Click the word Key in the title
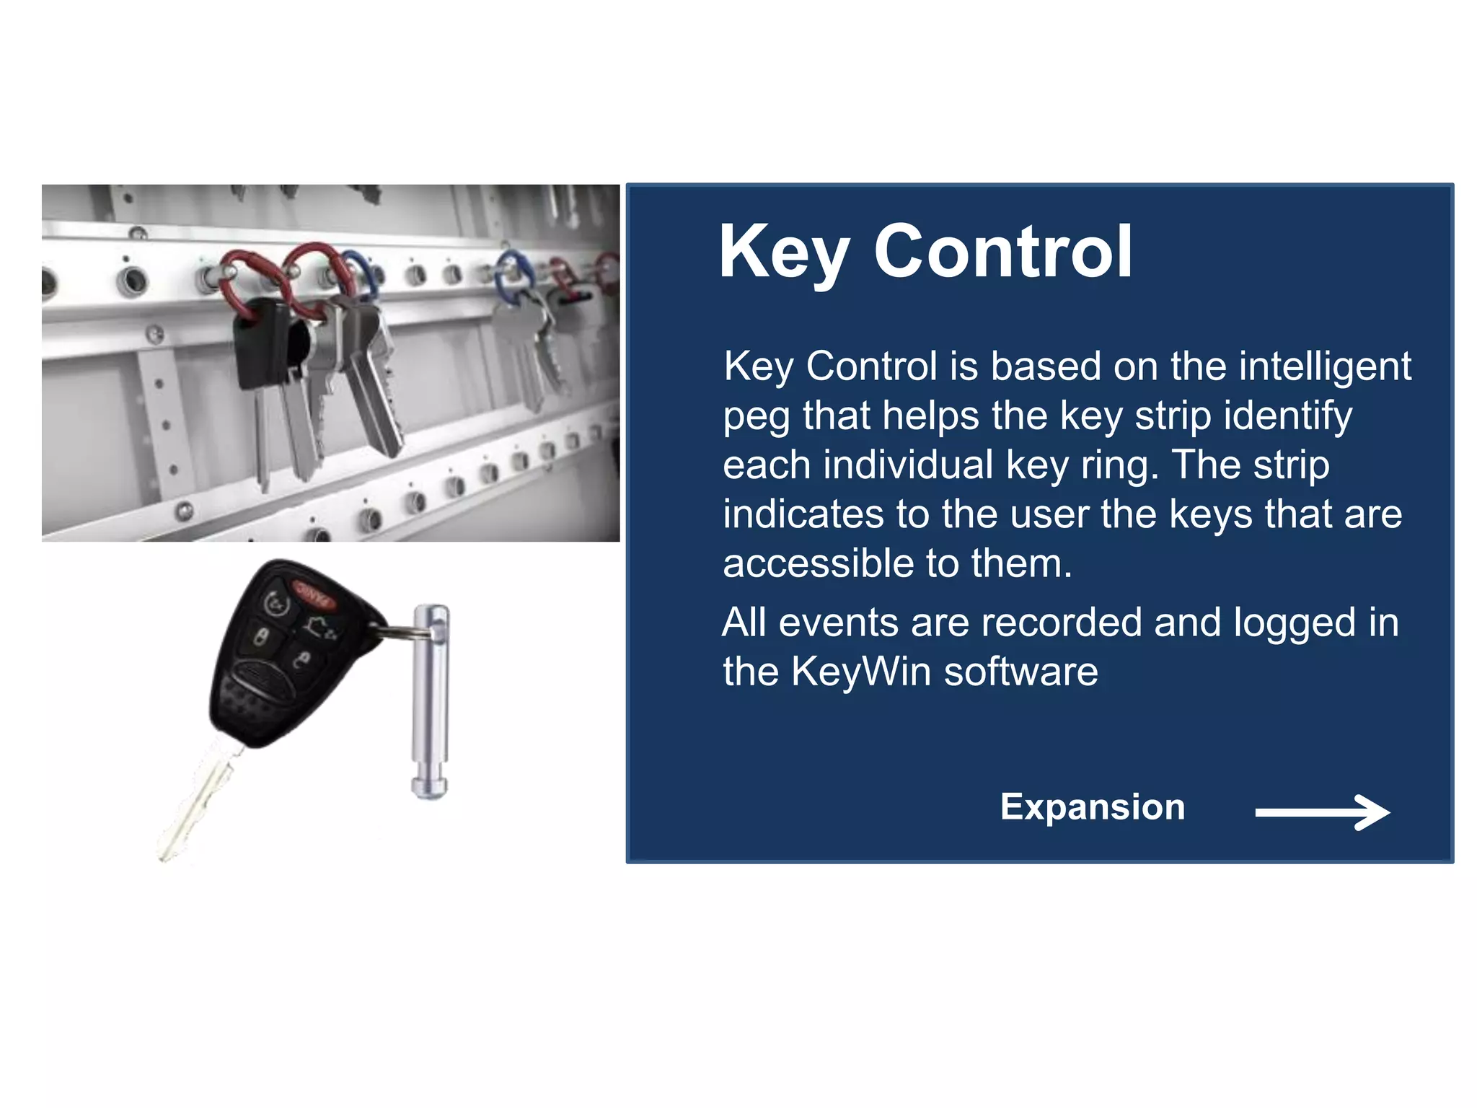(784, 252)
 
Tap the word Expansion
(1092, 806)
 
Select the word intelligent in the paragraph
(1326, 367)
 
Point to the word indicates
(803, 514)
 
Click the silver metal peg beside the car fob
(431, 700)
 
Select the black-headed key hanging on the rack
(261, 346)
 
